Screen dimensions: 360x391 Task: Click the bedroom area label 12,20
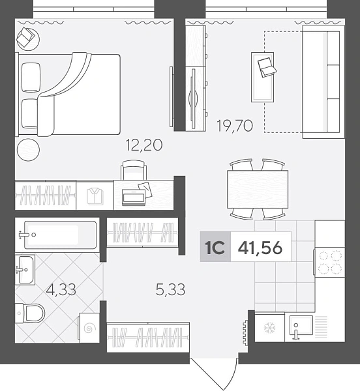144,145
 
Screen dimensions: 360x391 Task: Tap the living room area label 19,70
235,125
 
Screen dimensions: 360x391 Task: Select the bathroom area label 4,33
61,290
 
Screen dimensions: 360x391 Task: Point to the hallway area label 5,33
170,289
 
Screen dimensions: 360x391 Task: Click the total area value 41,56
260,248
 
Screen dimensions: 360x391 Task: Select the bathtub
60,235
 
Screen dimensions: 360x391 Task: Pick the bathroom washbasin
25,270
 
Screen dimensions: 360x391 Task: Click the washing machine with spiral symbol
89,328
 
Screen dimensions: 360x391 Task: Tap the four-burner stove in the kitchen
330,262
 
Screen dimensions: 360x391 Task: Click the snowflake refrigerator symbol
269,327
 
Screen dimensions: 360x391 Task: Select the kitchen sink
301,325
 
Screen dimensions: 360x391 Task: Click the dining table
258,189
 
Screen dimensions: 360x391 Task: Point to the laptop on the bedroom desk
134,197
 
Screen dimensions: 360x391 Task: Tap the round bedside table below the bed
28,150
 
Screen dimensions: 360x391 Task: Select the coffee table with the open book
262,77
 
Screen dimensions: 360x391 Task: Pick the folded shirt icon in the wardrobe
95,197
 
